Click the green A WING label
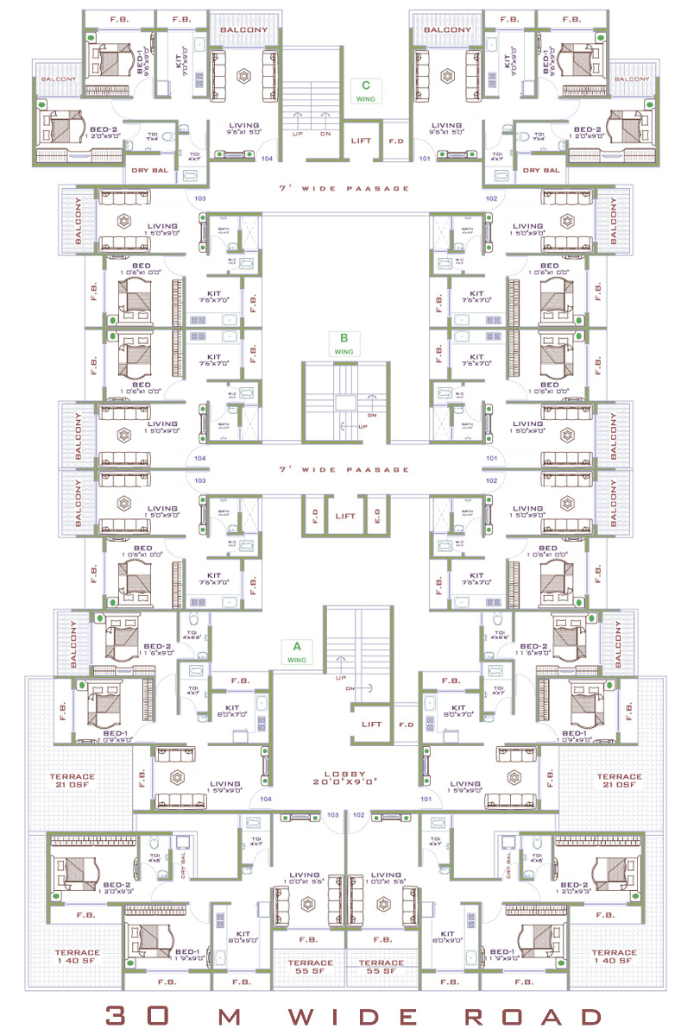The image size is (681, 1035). [296, 651]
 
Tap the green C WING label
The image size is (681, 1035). [366, 91]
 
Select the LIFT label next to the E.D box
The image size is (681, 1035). [344, 516]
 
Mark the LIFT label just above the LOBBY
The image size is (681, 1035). [372, 724]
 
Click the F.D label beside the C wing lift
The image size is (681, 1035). [396, 140]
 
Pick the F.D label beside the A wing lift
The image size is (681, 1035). [406, 724]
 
